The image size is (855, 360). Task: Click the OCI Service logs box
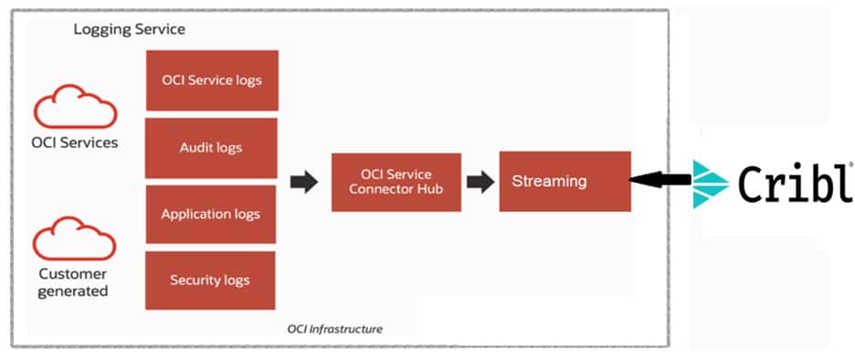coord(212,80)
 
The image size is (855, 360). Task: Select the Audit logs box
coord(212,146)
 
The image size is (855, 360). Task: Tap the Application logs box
coord(211,215)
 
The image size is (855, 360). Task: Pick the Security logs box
coord(210,281)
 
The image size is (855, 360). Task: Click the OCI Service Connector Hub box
coord(396,182)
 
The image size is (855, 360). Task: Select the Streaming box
coord(565,181)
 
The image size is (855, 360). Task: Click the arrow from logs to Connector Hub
coord(304,182)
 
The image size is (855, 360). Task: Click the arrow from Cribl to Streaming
coord(660,182)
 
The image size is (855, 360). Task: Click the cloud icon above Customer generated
coord(75,241)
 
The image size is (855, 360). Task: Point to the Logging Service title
coord(129,29)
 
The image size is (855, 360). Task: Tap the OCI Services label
coord(75,143)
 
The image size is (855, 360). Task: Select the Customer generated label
coord(73,282)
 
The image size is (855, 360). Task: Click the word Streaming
coord(549,181)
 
